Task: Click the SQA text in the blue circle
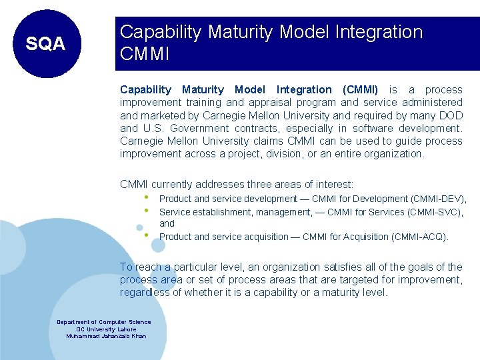point(45,44)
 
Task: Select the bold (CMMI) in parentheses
point(360,89)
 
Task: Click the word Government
point(199,128)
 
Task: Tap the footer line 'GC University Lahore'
point(106,329)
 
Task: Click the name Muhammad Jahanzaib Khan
point(106,336)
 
